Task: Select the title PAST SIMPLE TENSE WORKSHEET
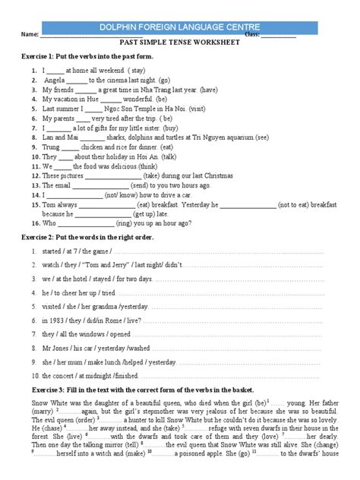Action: click(x=180, y=44)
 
